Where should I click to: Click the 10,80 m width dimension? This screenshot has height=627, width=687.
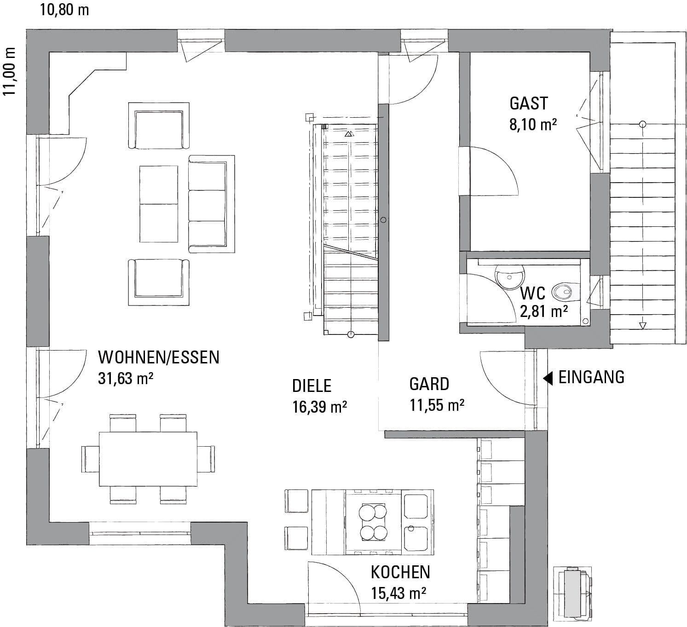pyautogui.click(x=64, y=10)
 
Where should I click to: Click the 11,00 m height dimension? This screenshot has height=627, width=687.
pyautogui.click(x=10, y=71)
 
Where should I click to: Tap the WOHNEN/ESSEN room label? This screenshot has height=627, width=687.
pyautogui.click(x=159, y=357)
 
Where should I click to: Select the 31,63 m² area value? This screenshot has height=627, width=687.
pyautogui.click(x=125, y=379)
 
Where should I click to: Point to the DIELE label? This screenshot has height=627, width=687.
pyautogui.click(x=312, y=386)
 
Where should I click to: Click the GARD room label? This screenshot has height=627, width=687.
pyautogui.click(x=429, y=384)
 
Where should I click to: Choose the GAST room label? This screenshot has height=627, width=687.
pyautogui.click(x=529, y=104)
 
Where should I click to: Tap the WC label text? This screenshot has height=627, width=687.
pyautogui.click(x=532, y=293)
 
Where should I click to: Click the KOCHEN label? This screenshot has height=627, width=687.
pyautogui.click(x=400, y=572)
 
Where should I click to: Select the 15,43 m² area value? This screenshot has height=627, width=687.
pyautogui.click(x=398, y=593)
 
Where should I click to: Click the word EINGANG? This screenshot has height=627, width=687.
pyautogui.click(x=591, y=377)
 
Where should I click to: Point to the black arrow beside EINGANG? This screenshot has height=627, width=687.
pyautogui.click(x=548, y=378)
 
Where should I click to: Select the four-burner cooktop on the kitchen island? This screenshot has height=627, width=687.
pyautogui.click(x=373, y=522)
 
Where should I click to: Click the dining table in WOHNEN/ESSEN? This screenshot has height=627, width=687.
pyautogui.click(x=148, y=459)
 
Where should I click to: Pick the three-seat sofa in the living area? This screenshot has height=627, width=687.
pyautogui.click(x=211, y=204)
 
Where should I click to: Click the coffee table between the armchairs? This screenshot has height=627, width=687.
pyautogui.click(x=159, y=204)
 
